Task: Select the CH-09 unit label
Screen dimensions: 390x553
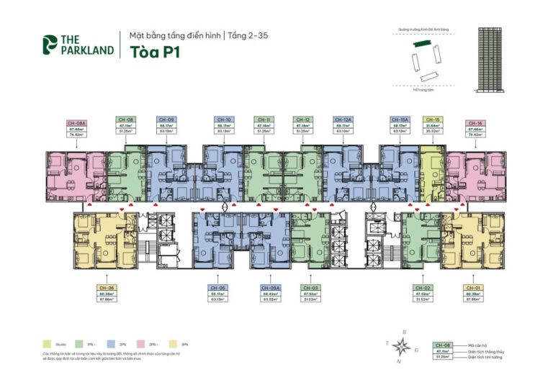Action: tap(166, 126)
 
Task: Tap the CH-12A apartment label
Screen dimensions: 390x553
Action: tap(343, 126)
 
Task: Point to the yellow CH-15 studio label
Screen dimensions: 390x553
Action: tap(433, 126)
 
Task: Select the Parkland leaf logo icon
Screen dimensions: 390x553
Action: tap(50, 44)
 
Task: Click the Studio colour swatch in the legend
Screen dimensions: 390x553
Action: tap(47, 344)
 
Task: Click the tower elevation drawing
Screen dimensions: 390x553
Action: tap(493, 60)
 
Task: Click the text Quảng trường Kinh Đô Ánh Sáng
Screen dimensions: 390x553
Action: tap(423, 31)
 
